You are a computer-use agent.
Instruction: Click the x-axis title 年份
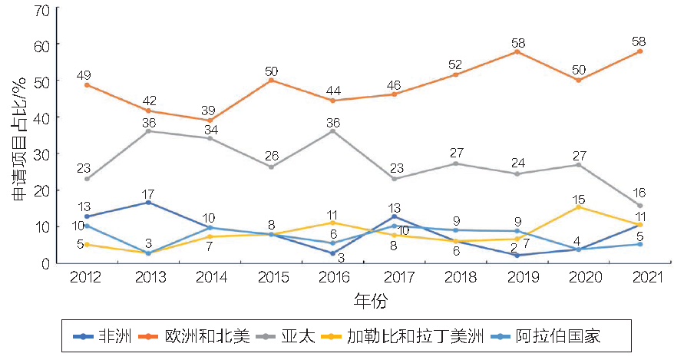click(370, 298)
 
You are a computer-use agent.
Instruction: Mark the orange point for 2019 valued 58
click(517, 51)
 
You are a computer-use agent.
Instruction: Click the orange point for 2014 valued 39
click(210, 120)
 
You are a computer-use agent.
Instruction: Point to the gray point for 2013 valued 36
click(148, 131)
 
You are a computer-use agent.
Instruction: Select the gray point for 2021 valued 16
click(639, 205)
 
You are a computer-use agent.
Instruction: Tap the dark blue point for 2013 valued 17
click(148, 202)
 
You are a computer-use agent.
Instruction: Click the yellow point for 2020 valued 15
click(578, 207)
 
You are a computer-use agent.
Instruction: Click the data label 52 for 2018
click(455, 64)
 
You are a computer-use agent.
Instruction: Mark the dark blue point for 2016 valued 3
click(332, 253)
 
